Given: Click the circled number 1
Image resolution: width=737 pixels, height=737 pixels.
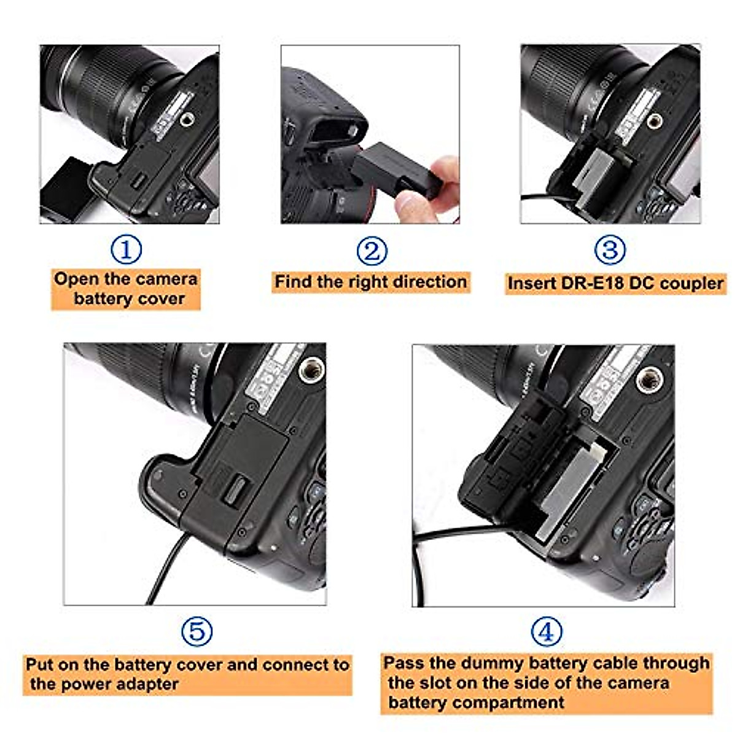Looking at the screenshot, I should [126, 249].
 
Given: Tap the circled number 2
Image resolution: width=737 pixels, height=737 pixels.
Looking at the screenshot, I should [372, 251].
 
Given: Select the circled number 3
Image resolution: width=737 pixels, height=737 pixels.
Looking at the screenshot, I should [610, 249].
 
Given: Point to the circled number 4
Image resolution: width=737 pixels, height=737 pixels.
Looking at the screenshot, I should [546, 631].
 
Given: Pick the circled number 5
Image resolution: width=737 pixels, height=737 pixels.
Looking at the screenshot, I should [197, 631].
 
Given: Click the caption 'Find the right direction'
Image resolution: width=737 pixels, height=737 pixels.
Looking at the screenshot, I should [370, 282].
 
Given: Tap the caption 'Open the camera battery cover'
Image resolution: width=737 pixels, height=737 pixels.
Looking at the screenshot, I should [126, 289].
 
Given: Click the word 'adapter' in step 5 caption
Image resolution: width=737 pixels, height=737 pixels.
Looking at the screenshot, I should [147, 684].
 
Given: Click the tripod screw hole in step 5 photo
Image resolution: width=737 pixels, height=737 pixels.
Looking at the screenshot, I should [311, 369].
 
